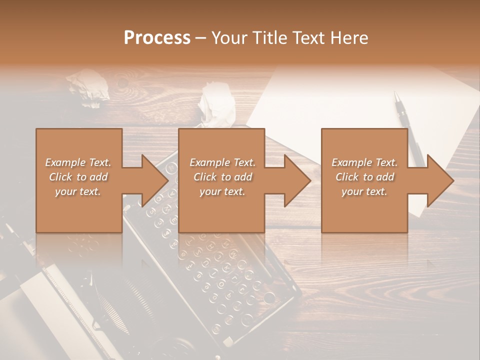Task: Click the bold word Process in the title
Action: tap(157, 38)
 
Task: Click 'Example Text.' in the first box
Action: tap(78, 162)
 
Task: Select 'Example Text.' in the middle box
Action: tap(222, 162)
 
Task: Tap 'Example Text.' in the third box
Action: tap(364, 162)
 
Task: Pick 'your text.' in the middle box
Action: tap(222, 191)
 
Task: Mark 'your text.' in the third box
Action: tap(364, 191)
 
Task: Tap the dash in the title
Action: tap(201, 38)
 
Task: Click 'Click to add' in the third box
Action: tap(364, 177)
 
